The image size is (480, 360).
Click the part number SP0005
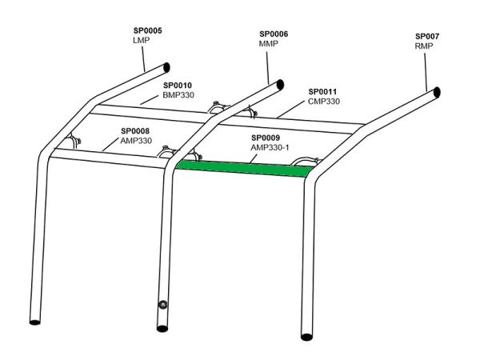tap(147, 30)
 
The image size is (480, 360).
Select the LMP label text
tap(141, 40)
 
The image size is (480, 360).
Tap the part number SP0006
tap(274, 34)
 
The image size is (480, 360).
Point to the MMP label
tap(269, 43)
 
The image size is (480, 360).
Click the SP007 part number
tap(427, 37)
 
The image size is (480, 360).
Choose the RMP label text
tap(424, 46)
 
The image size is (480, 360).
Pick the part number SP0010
tap(178, 86)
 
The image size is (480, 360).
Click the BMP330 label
tap(178, 95)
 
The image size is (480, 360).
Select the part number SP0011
tap(322, 91)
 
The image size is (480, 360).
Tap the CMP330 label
tap(324, 102)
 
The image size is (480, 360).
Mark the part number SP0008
tap(135, 131)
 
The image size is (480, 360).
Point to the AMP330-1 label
tap(270, 147)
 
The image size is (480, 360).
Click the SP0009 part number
tap(266, 138)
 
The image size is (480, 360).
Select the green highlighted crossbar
tap(246, 169)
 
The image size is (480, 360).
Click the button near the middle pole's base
tap(162, 305)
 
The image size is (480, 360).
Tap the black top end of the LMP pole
tap(166, 68)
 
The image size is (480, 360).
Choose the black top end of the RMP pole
tap(438, 92)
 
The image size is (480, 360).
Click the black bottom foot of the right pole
tap(306, 337)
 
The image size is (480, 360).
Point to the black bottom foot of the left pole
tap(35, 322)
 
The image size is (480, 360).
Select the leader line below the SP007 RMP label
tap(426, 72)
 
